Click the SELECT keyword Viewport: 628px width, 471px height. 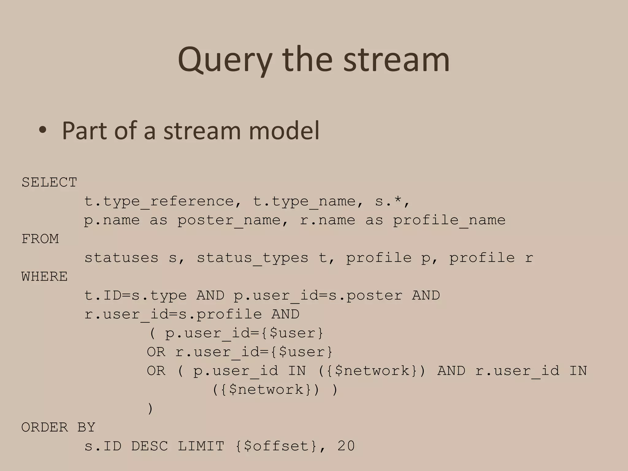tap(49, 182)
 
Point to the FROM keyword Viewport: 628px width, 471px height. tap(40, 239)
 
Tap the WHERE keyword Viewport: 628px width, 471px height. tap(44, 277)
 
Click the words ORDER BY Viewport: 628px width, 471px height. tap(58, 427)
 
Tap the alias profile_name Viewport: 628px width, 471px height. tap(449, 220)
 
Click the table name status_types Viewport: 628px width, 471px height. tap(252, 258)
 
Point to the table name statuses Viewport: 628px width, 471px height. tap(121, 258)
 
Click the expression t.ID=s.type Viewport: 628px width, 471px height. tap(135, 296)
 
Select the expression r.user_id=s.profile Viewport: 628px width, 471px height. tap(173, 314)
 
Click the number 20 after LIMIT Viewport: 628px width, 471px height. tap(346, 446)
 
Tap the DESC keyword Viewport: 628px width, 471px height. tap(150, 446)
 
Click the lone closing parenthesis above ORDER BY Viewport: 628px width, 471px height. tap(150, 409)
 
